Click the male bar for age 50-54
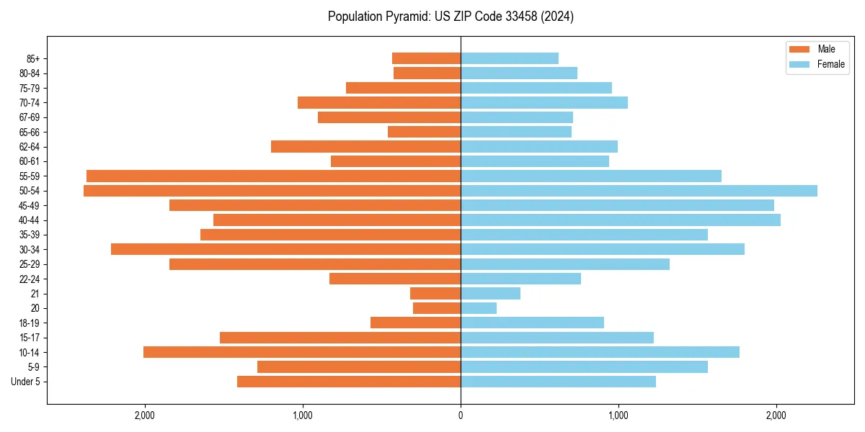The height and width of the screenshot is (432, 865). coord(272,191)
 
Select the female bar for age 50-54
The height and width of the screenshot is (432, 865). coord(639,191)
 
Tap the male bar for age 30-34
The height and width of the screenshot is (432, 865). coord(285,249)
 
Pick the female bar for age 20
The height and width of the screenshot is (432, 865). coord(479,308)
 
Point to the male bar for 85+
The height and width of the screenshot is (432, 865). coord(426,58)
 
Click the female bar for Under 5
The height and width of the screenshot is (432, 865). coord(558,382)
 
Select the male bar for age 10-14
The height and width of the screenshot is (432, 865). coord(302,352)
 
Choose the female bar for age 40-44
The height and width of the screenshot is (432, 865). coord(620,220)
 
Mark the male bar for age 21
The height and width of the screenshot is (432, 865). coord(435,294)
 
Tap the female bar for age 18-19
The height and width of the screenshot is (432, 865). coord(532,323)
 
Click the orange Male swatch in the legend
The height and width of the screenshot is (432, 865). coord(800,49)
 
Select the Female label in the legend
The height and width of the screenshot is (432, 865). coord(831,64)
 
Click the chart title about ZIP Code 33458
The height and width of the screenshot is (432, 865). coord(451,17)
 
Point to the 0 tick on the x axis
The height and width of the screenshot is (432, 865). coord(461,415)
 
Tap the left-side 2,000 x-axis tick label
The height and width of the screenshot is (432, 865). coord(145,415)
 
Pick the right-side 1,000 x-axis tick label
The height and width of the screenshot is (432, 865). coord(618,415)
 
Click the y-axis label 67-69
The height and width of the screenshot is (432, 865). coord(29,117)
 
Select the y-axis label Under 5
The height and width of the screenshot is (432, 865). coord(25,382)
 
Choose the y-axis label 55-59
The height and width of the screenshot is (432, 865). coord(29,176)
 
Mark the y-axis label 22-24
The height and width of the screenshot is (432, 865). coord(29,279)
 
